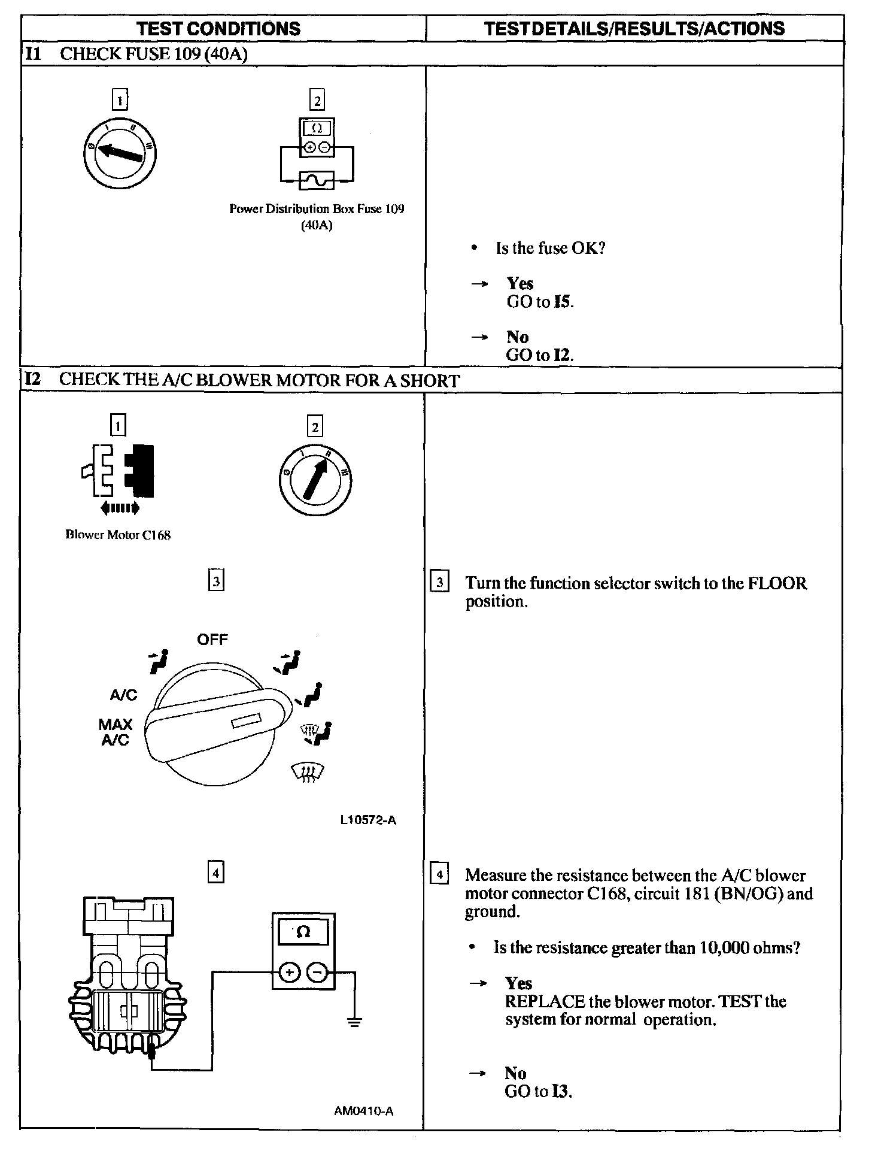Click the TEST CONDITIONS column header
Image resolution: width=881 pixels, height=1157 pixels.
(218, 29)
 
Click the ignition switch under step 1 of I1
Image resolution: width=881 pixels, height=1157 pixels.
(119, 152)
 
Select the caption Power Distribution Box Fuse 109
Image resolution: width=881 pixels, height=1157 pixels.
(317, 209)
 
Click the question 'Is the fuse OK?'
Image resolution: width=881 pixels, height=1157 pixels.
(550, 248)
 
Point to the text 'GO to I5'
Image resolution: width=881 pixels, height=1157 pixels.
(539, 301)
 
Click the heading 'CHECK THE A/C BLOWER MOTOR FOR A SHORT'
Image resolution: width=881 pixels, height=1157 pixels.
(259, 381)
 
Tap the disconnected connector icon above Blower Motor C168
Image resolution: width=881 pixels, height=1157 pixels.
(119, 471)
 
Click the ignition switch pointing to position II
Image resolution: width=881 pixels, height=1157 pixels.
(315, 479)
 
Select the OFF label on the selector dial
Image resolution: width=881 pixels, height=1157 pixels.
(212, 640)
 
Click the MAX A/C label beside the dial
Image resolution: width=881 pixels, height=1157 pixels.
(116, 732)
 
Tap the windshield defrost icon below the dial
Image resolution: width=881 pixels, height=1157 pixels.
(306, 773)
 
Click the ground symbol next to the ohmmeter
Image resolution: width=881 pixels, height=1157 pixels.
(355, 1022)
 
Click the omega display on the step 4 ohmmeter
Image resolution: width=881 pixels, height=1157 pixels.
(303, 932)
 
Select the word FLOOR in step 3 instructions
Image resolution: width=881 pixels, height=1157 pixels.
(777, 583)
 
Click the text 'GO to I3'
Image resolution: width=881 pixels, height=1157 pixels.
(538, 1091)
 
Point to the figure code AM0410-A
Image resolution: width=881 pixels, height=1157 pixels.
(364, 1111)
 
